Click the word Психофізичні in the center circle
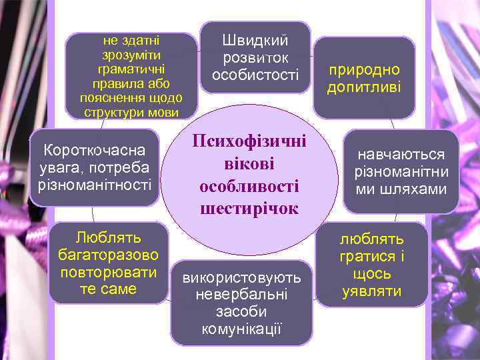(x=249, y=141)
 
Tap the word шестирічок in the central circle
(x=249, y=209)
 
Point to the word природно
(x=363, y=69)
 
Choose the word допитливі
(x=363, y=87)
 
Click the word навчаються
(x=401, y=155)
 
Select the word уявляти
(x=372, y=291)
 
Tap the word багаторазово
(x=107, y=255)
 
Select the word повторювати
(x=107, y=272)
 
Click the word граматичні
(x=131, y=69)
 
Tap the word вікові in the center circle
(x=249, y=164)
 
